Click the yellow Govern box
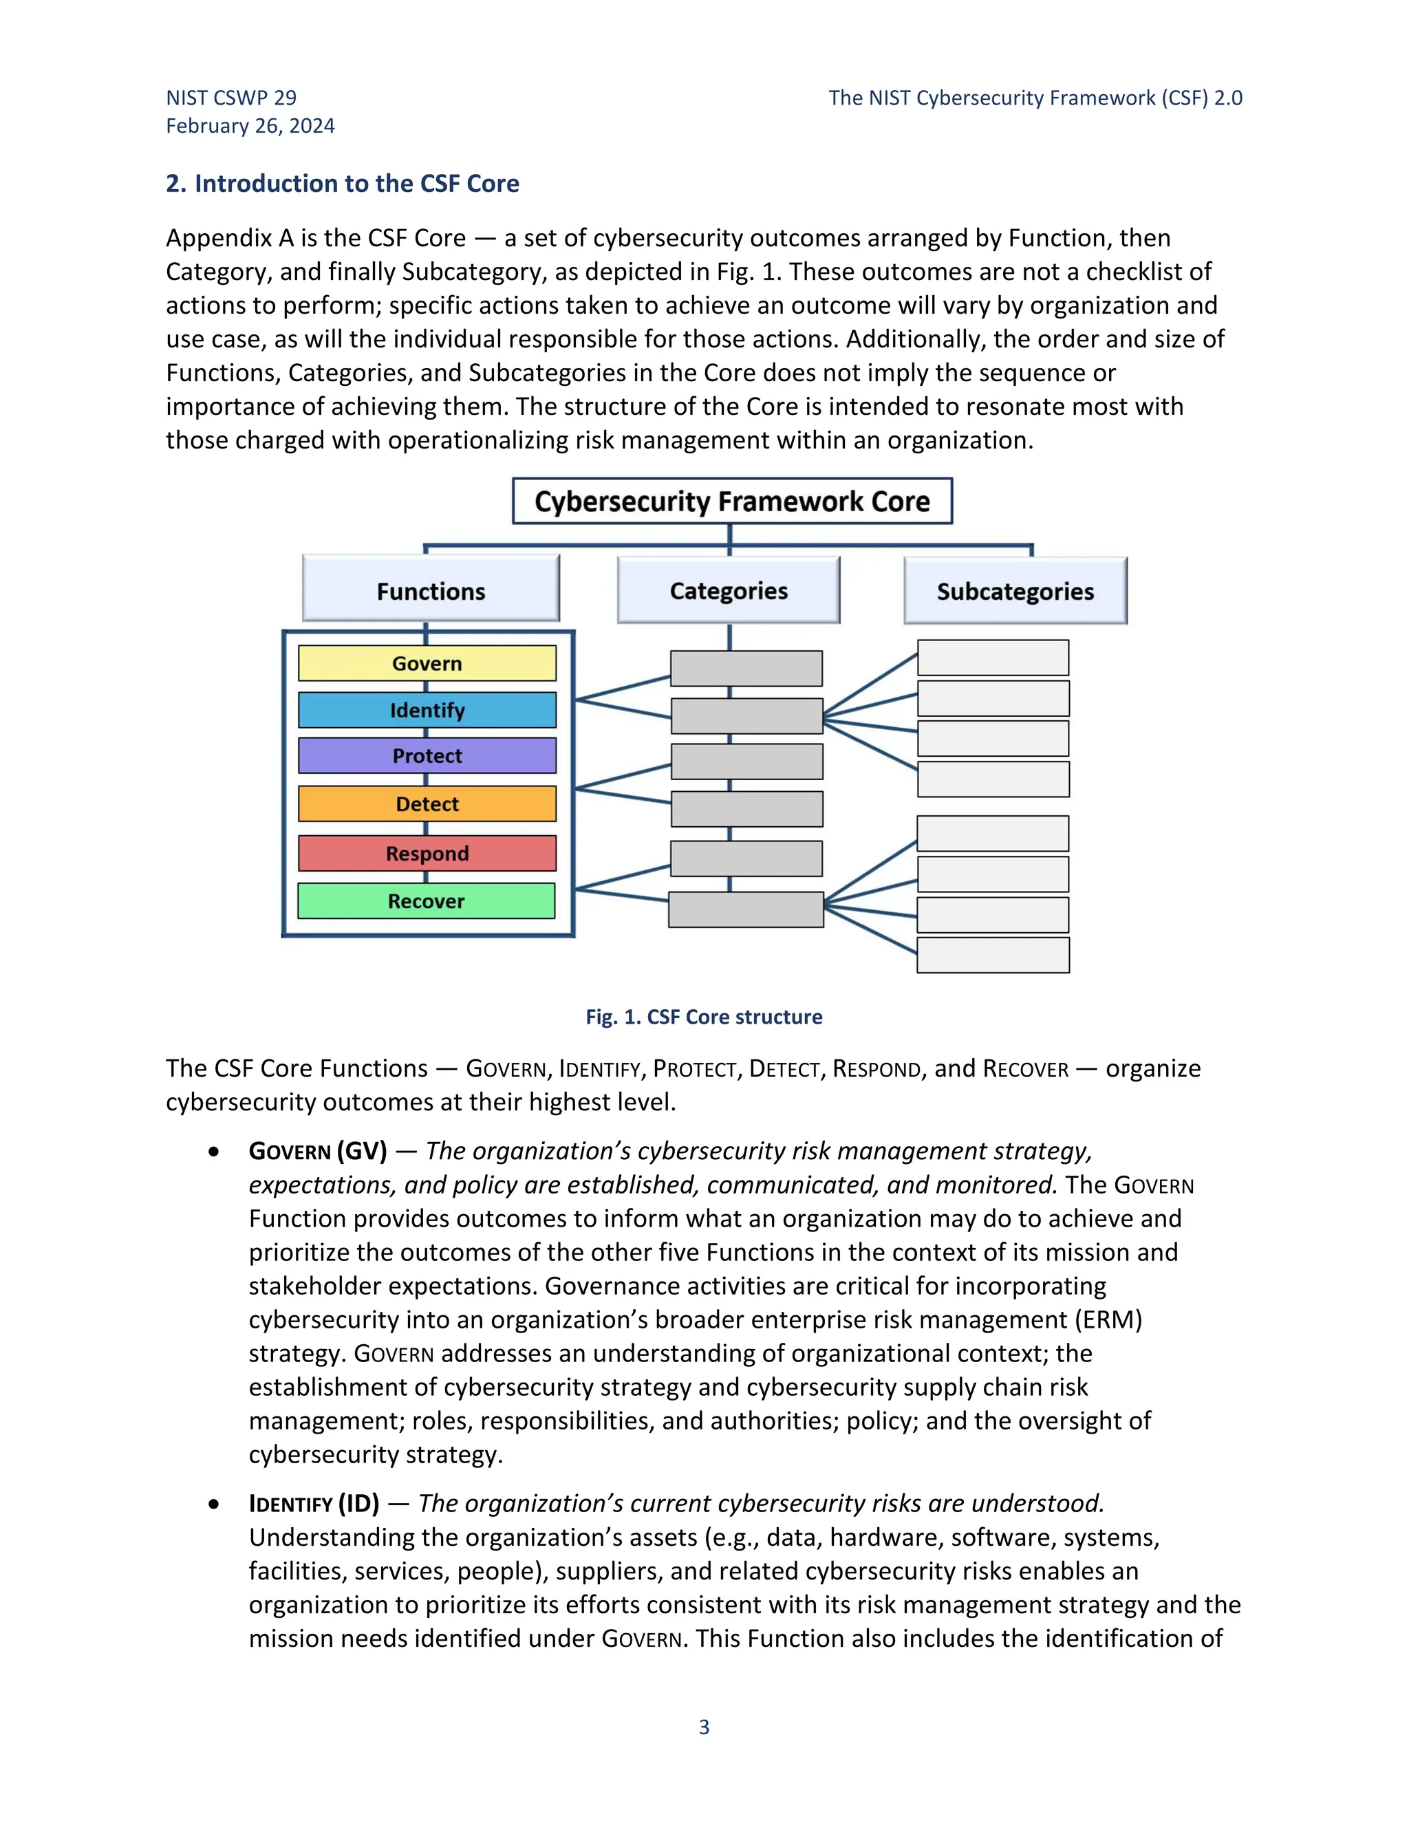pos(427,664)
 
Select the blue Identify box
pos(427,711)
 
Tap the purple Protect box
pos(427,755)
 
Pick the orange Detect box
pos(427,803)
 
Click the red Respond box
pos(427,853)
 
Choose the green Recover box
pos(426,901)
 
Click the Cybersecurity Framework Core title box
pos(732,501)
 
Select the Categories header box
pos(729,591)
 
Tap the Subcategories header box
pos(1015,591)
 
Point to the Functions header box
pos(431,591)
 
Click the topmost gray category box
pos(746,669)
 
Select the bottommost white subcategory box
pos(993,955)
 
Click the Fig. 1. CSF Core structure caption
pos(704,1017)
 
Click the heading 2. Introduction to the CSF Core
pos(342,184)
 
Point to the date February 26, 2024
pos(250,126)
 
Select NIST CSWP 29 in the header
pos(231,98)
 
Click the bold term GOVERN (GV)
pos(318,1151)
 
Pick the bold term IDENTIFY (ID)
pos(314,1503)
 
